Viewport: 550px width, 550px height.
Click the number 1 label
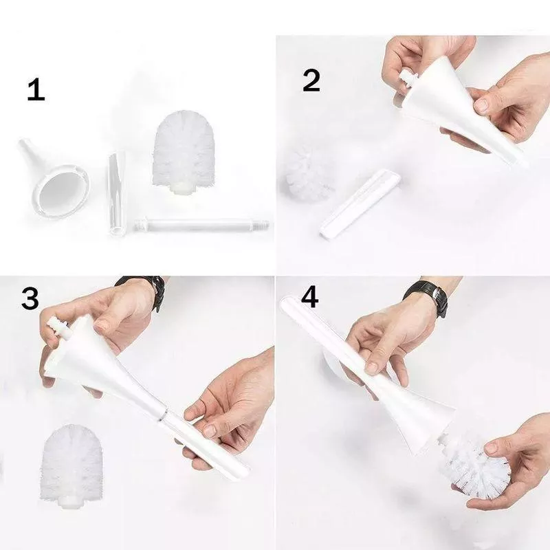36,89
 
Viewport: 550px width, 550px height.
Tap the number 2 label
311,80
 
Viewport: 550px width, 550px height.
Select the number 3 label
30,298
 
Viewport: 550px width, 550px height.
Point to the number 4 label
309,298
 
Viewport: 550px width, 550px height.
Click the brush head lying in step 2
309,172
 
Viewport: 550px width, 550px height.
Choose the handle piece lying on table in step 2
360,205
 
